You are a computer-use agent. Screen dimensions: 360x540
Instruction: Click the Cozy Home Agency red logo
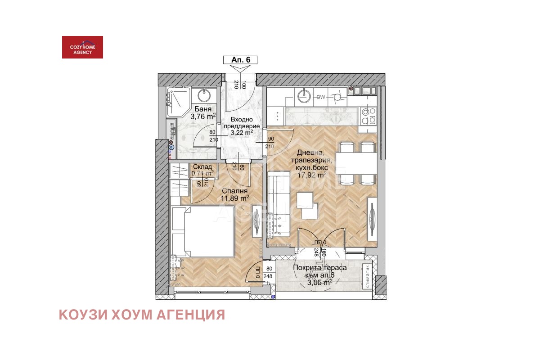point(82,47)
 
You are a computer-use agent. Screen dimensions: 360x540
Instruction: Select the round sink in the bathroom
point(205,95)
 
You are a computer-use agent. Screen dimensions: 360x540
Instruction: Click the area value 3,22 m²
point(241,133)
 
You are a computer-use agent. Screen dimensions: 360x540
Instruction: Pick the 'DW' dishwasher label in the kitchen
point(321,97)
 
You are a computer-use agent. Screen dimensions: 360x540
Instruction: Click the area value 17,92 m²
point(312,175)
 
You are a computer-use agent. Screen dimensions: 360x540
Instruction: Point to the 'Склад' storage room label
point(202,167)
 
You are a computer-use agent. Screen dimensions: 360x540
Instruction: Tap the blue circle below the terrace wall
point(274,297)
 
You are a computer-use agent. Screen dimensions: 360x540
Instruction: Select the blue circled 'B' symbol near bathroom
point(171,147)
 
